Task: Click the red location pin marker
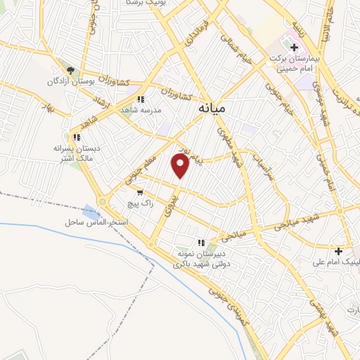[x=181, y=166]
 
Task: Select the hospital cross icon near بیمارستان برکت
[x=294, y=48]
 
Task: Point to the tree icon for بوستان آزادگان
[x=70, y=70]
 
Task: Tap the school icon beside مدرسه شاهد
[x=141, y=99]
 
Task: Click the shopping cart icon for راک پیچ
[x=141, y=191]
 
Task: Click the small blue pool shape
[x=91, y=211]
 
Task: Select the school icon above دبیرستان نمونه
[x=202, y=241]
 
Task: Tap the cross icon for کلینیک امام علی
[x=338, y=251]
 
